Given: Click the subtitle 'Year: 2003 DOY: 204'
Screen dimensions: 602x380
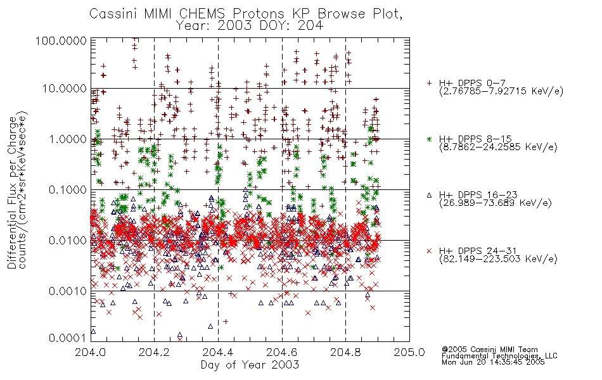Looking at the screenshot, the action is [x=250, y=26].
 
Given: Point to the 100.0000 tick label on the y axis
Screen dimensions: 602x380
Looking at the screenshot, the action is [x=61, y=41].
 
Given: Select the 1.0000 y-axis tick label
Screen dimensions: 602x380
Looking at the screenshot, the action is [x=68, y=139].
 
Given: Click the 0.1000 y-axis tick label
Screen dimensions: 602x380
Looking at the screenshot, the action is [x=68, y=190].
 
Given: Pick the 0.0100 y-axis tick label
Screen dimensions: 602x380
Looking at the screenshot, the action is [x=68, y=241].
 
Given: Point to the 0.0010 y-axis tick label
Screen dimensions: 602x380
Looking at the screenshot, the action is [x=68, y=291].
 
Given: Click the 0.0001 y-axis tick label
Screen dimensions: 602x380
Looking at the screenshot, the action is [x=68, y=338].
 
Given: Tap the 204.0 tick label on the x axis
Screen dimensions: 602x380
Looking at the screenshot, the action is [x=90, y=352].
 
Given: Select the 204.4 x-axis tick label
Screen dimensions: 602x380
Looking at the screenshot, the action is [x=218, y=352].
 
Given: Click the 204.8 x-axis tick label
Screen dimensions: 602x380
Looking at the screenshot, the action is [x=345, y=352].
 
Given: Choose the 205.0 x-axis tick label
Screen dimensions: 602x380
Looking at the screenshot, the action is [x=409, y=352].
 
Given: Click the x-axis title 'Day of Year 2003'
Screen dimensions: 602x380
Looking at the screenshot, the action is [x=250, y=365].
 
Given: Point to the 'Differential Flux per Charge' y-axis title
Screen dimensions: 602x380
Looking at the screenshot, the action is [x=13, y=193].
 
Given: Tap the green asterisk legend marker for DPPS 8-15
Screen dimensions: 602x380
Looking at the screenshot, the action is [x=429, y=139].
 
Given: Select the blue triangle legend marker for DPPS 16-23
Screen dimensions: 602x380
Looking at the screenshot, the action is [x=429, y=195].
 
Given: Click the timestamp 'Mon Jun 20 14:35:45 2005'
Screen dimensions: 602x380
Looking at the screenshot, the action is [x=493, y=362].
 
